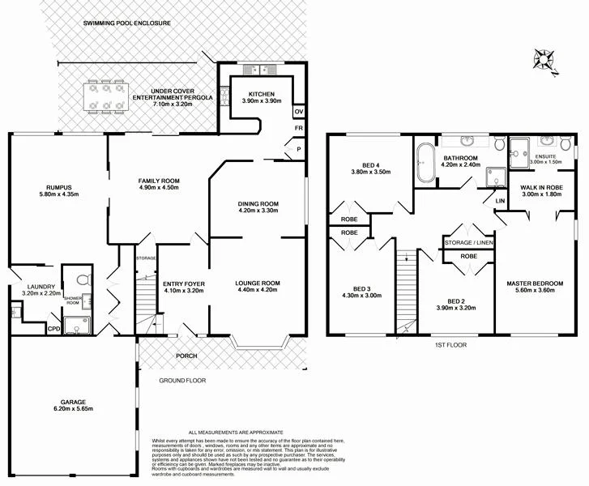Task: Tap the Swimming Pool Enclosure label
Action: tap(127, 23)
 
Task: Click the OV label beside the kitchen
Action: tap(298, 111)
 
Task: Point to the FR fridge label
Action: tap(298, 129)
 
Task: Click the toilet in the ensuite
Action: tap(519, 147)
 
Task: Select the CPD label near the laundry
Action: tap(53, 328)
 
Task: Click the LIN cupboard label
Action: tap(500, 199)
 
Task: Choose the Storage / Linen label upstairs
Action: tap(468, 241)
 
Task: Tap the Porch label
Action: tap(187, 356)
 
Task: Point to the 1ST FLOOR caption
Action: tap(450, 345)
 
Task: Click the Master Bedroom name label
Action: tap(535, 283)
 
